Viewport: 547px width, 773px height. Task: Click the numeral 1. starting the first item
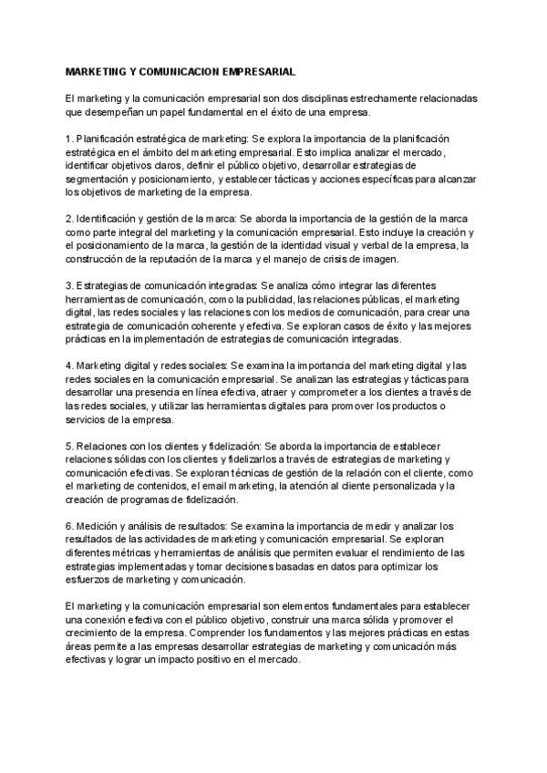(69, 139)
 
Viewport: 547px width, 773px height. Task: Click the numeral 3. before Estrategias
(69, 285)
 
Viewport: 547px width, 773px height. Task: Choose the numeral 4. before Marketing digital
(69, 366)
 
